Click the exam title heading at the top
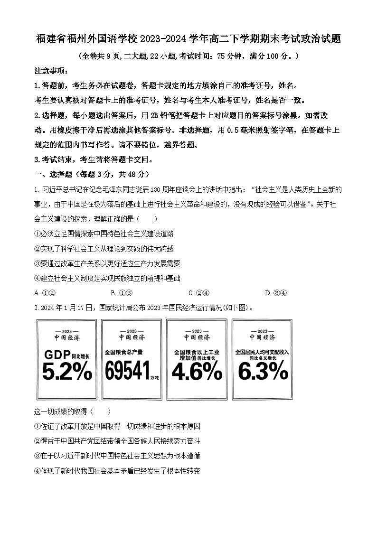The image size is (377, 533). (x=188, y=39)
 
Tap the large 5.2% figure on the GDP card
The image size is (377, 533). (x=67, y=372)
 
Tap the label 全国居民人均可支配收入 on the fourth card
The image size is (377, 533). (x=262, y=352)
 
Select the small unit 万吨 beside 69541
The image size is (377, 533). (x=154, y=378)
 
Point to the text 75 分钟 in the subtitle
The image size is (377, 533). (x=228, y=56)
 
